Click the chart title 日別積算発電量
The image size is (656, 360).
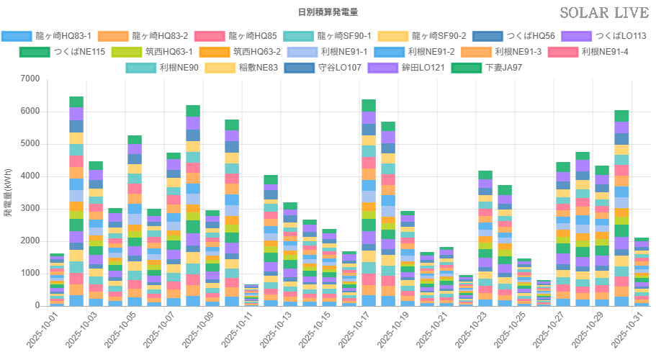click(328, 12)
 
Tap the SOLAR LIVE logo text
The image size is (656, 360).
click(603, 13)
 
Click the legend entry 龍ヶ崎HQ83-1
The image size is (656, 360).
click(47, 36)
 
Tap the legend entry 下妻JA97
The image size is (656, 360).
click(484, 68)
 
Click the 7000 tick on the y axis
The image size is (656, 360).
click(29, 78)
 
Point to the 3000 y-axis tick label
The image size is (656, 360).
click(29, 208)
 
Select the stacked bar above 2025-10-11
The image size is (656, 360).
click(251, 295)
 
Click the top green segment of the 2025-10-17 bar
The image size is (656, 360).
click(369, 105)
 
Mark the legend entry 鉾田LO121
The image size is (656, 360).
click(405, 68)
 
